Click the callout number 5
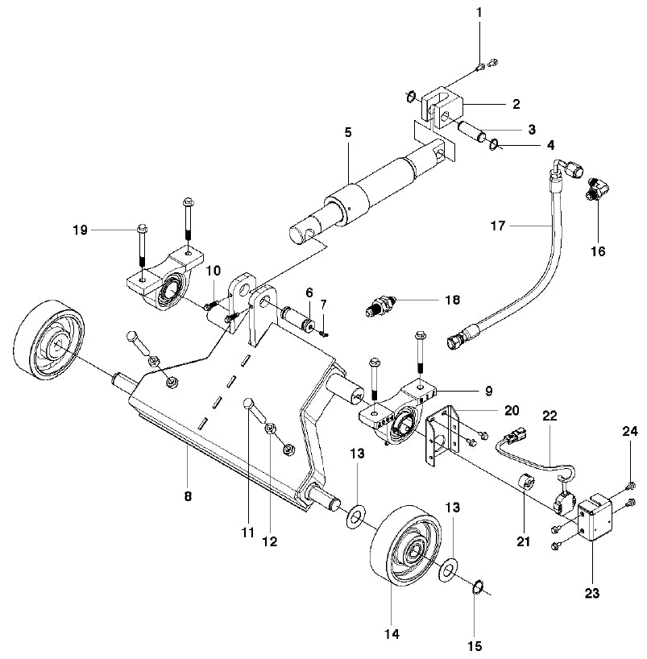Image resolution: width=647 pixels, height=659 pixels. click(347, 131)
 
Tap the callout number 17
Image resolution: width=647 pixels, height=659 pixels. click(498, 227)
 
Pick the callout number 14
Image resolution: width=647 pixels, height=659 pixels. click(392, 634)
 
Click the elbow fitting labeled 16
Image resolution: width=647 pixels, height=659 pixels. click(597, 191)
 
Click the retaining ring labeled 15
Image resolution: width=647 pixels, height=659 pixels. click(477, 587)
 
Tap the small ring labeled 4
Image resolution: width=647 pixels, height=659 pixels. click(493, 146)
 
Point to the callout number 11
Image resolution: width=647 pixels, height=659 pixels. click(249, 532)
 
